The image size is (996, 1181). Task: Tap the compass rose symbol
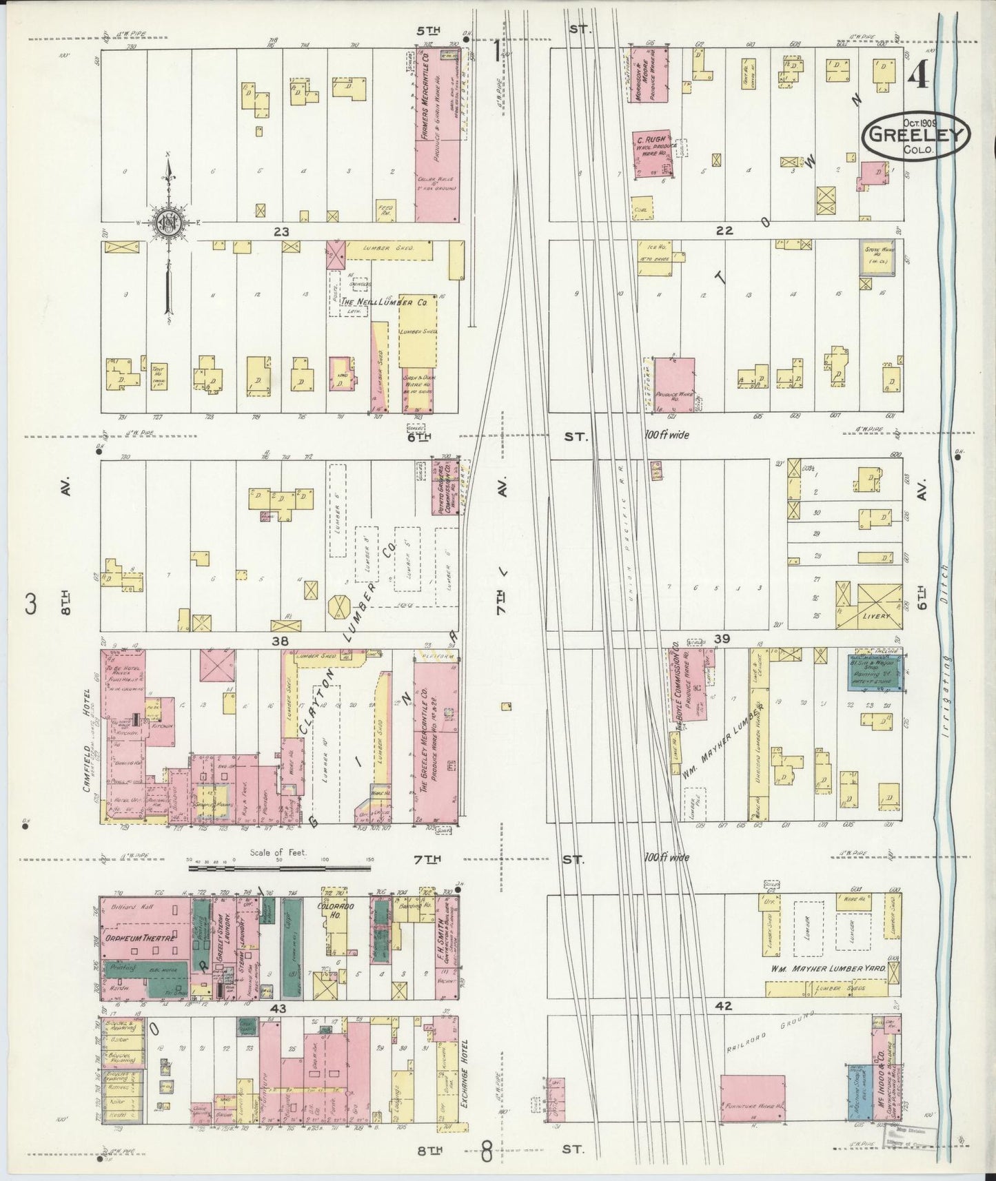167,222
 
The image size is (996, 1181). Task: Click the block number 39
722,639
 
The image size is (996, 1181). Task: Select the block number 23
281,232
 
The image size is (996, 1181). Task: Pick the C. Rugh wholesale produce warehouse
652,155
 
